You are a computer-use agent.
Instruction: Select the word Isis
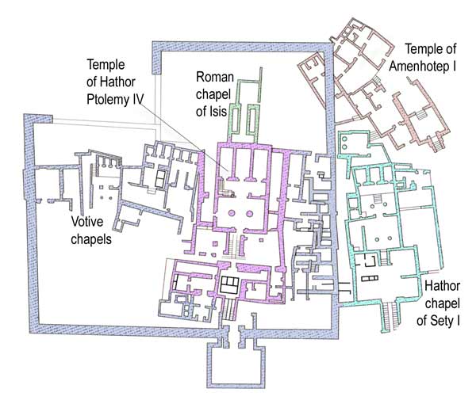(x=219, y=111)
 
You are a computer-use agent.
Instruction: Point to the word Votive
(x=87, y=222)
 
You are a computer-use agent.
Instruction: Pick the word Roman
(x=215, y=77)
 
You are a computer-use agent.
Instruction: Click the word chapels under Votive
(x=91, y=239)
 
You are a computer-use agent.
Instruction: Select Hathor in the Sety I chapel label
(x=442, y=285)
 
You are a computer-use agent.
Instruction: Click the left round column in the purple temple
(x=232, y=213)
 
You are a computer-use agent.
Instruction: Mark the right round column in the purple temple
(x=250, y=214)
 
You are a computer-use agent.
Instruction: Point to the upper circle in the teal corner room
(x=344, y=139)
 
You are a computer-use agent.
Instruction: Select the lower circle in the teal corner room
(x=344, y=147)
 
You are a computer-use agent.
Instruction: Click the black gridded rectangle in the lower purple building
(x=229, y=285)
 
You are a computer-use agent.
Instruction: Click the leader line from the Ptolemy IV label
(x=185, y=136)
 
